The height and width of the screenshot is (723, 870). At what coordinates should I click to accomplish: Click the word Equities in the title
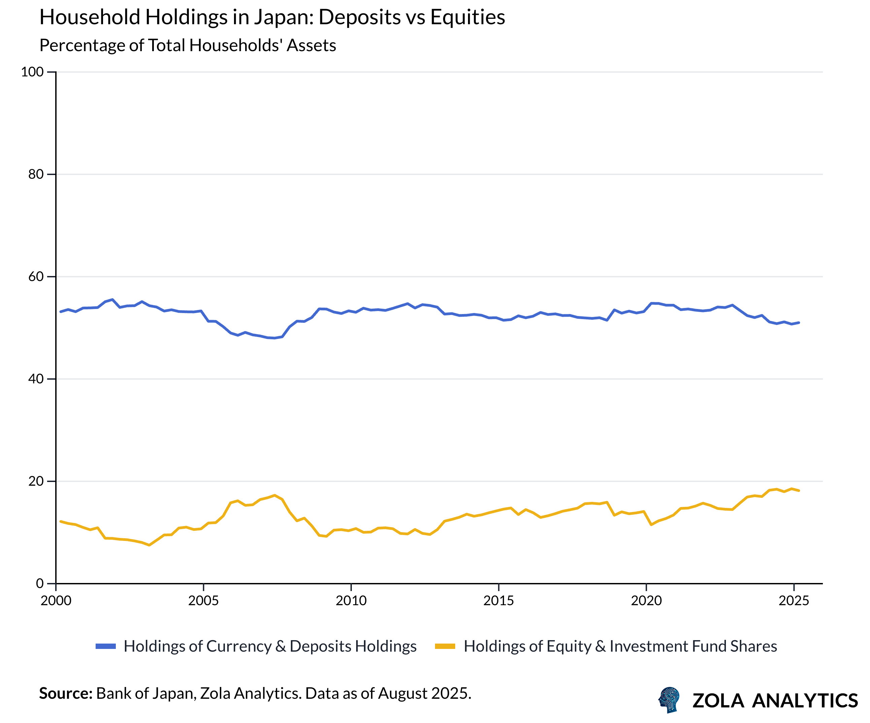(x=467, y=18)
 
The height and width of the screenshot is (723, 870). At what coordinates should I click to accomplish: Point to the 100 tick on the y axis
(x=32, y=72)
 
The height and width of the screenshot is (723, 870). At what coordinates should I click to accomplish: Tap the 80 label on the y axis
(x=36, y=174)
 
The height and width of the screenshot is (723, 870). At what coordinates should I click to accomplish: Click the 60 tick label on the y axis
(x=36, y=277)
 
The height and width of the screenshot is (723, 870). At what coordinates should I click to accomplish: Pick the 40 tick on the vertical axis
(x=36, y=379)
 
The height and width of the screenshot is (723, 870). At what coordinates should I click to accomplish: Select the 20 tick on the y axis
(x=36, y=481)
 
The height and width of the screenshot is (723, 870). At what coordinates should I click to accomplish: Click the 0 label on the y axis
(x=40, y=583)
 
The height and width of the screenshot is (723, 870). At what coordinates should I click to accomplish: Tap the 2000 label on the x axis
(x=56, y=601)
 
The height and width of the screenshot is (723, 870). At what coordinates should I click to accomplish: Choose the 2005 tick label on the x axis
(x=203, y=601)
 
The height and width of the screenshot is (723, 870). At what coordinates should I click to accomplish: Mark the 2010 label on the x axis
(x=351, y=601)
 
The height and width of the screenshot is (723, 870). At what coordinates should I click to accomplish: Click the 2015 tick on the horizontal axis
(x=498, y=601)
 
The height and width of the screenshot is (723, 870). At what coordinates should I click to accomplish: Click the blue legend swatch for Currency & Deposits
(x=106, y=646)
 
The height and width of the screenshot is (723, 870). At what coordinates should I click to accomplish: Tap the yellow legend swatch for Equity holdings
(x=445, y=646)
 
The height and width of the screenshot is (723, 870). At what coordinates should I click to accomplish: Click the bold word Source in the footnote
(x=65, y=693)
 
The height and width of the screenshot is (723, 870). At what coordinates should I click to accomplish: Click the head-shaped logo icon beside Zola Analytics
(x=669, y=699)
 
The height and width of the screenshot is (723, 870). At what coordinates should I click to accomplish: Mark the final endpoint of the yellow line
(x=799, y=491)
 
